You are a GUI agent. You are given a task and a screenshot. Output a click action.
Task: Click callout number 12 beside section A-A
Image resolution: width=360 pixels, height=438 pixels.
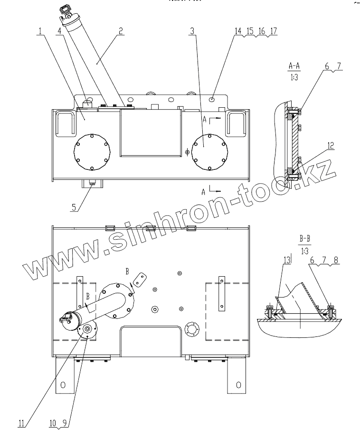[x=329, y=144]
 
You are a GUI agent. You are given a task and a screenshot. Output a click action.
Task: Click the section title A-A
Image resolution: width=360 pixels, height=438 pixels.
[x=294, y=65]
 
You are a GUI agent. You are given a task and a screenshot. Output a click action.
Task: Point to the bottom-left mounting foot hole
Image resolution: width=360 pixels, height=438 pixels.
[x=62, y=385]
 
